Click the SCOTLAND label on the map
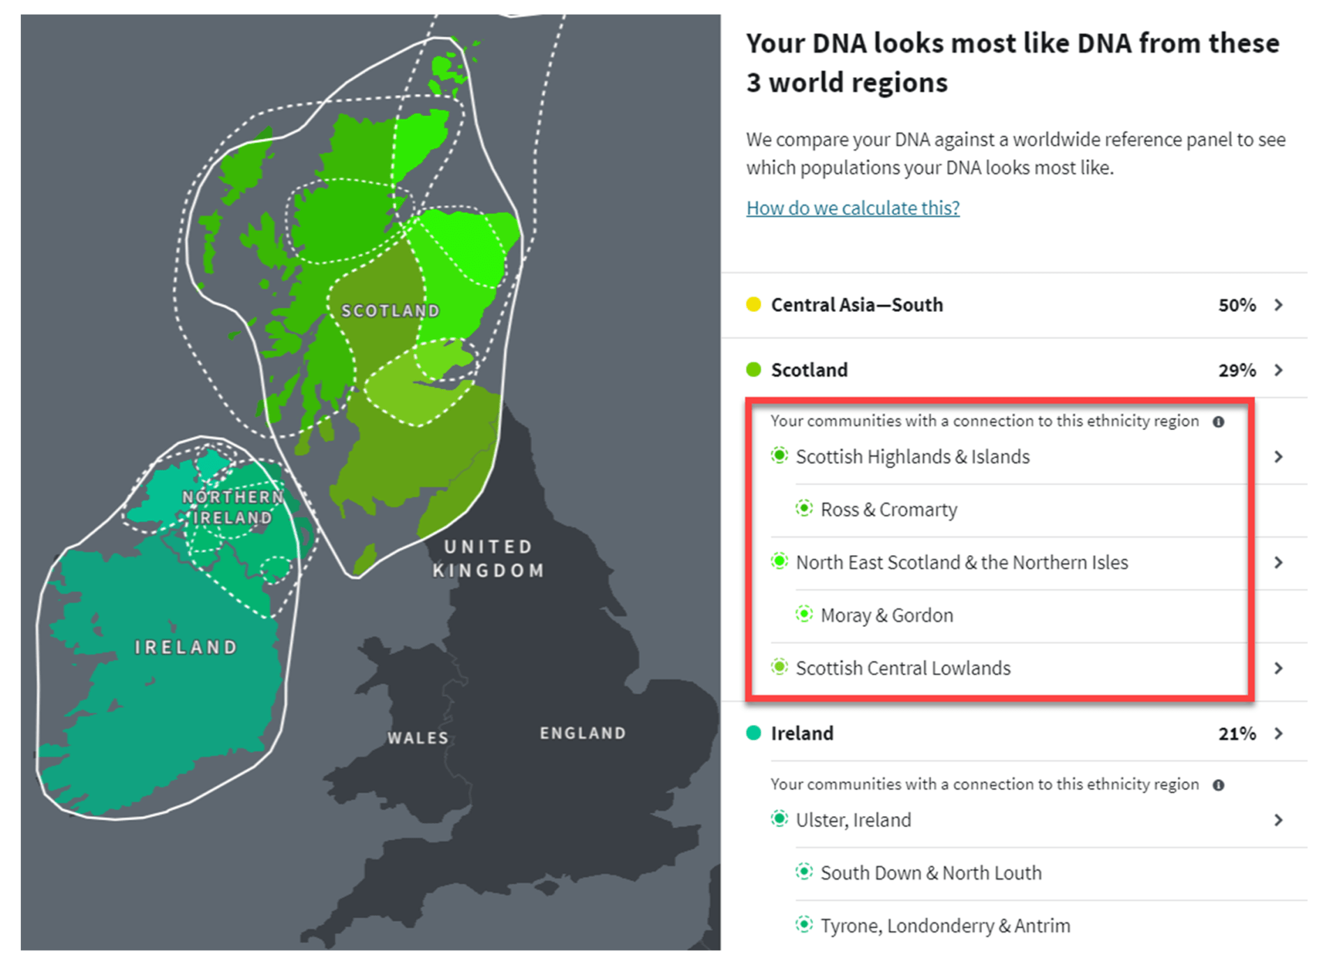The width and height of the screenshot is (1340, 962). point(390,311)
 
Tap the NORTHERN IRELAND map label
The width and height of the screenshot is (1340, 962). point(232,508)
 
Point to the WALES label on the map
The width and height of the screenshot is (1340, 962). point(417,738)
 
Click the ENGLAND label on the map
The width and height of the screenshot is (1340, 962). point(583,733)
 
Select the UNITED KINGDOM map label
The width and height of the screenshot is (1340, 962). point(488,558)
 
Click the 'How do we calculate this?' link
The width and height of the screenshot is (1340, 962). point(852,208)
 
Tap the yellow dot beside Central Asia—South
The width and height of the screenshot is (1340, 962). point(753,304)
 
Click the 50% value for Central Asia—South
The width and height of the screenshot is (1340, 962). point(1237,305)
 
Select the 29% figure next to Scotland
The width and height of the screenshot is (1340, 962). point(1237,370)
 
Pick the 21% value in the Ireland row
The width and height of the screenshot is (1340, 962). point(1237,734)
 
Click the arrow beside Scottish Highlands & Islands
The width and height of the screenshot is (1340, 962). point(1278,457)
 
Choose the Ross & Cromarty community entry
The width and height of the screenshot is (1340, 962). point(888,510)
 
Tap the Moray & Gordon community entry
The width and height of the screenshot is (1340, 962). point(886,615)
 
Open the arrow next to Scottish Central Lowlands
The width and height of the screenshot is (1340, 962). point(1278,668)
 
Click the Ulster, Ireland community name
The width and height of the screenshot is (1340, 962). point(853,820)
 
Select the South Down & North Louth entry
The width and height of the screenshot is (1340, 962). point(930,873)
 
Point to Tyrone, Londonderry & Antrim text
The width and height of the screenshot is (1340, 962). point(945,926)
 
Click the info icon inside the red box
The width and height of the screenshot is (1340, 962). point(1219,422)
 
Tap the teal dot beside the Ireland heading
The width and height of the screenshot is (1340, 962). point(753,733)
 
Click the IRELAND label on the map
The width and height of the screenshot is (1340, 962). point(186,647)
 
